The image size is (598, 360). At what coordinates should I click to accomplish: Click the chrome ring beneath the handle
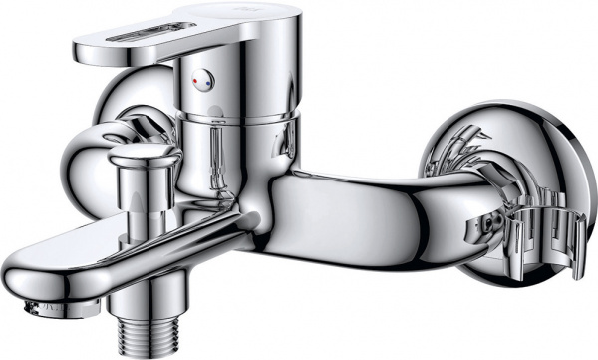[x=244, y=120]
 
